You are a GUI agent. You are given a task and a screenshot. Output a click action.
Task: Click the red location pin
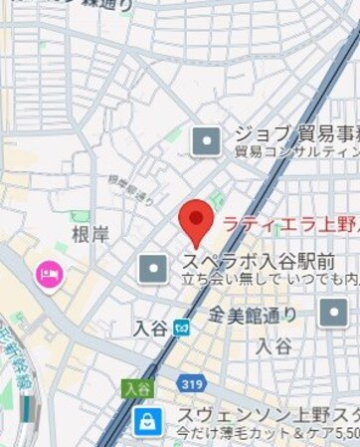(x=195, y=220)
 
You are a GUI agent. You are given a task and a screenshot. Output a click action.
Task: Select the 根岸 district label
(x=90, y=234)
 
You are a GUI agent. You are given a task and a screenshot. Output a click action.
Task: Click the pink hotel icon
(x=48, y=273)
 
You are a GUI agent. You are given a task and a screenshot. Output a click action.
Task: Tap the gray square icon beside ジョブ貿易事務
(x=206, y=141)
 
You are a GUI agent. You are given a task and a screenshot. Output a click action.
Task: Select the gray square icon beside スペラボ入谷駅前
(x=152, y=267)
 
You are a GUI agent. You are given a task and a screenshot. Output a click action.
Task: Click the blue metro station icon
(x=181, y=327)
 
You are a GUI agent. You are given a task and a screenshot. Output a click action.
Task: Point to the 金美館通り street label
(x=253, y=315)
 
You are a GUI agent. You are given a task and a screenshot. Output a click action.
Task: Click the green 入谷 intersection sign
(x=134, y=386)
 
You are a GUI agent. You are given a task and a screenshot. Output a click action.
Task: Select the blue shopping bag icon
(x=147, y=419)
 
